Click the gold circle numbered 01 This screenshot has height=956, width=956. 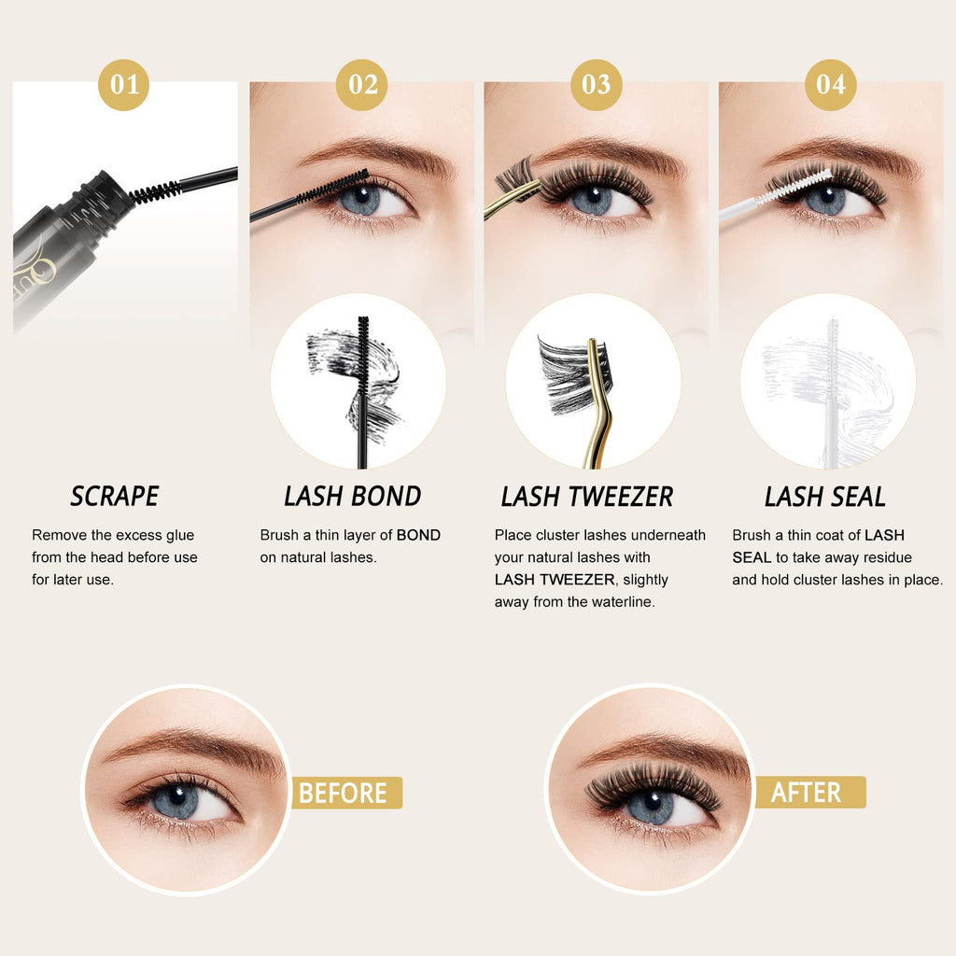click(x=124, y=85)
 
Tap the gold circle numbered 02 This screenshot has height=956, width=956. click(x=362, y=85)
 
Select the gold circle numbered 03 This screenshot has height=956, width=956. click(x=597, y=85)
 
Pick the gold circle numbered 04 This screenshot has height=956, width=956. click(x=830, y=85)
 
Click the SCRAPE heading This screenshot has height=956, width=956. click(x=115, y=497)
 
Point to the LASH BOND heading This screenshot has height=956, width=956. click(x=352, y=497)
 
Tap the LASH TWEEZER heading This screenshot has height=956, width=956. click(x=587, y=497)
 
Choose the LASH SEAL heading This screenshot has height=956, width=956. click(x=825, y=497)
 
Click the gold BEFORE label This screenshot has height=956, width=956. click(x=346, y=793)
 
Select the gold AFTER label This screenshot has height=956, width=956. click(x=810, y=792)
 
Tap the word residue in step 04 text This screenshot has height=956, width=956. click(x=881, y=557)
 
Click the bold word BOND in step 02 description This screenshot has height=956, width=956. click(x=418, y=535)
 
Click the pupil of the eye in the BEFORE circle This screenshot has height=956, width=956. click(x=177, y=795)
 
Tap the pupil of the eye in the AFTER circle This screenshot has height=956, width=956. click(x=652, y=799)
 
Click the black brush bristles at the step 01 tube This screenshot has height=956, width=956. click(x=156, y=192)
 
